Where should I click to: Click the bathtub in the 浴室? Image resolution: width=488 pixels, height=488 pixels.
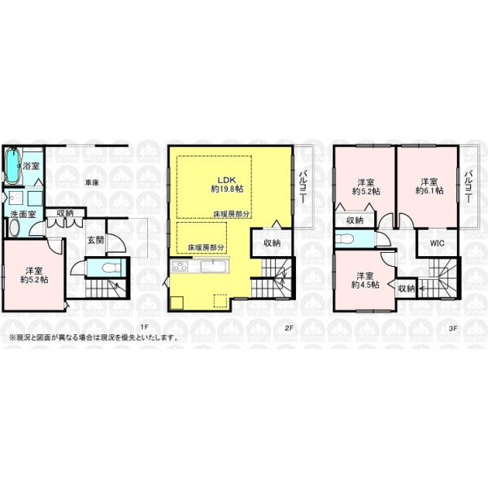[x=13, y=166]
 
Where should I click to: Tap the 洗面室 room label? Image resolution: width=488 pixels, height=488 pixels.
[x=23, y=215]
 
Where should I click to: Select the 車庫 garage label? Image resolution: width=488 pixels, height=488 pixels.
[x=92, y=183]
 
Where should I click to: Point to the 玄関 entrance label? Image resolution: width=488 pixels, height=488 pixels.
[x=95, y=240]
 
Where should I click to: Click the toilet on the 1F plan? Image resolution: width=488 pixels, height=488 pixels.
[x=111, y=268]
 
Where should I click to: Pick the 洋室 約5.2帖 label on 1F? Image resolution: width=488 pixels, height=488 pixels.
[x=34, y=275]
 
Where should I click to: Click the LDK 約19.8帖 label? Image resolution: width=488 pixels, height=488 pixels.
[x=227, y=185]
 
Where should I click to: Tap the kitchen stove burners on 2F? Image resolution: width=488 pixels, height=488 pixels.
[x=181, y=267]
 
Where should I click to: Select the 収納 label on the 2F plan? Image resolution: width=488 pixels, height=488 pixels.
[x=272, y=243]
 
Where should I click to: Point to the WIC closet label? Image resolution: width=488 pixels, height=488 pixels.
[x=438, y=243]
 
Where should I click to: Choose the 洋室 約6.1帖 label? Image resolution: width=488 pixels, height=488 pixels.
[x=429, y=186]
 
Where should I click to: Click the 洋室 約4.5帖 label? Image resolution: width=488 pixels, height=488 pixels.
[x=365, y=280]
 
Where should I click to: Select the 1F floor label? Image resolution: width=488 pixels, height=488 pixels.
[x=143, y=327]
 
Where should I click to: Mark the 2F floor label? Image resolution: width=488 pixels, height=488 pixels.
[x=290, y=327]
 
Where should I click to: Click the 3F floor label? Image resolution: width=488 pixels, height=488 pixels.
[x=453, y=327]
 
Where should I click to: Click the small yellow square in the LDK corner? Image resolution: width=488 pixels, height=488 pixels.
[x=176, y=303]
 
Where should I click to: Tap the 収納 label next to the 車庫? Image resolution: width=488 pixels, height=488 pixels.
[x=65, y=213]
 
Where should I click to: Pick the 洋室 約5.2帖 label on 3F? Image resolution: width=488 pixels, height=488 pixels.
[x=366, y=186]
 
